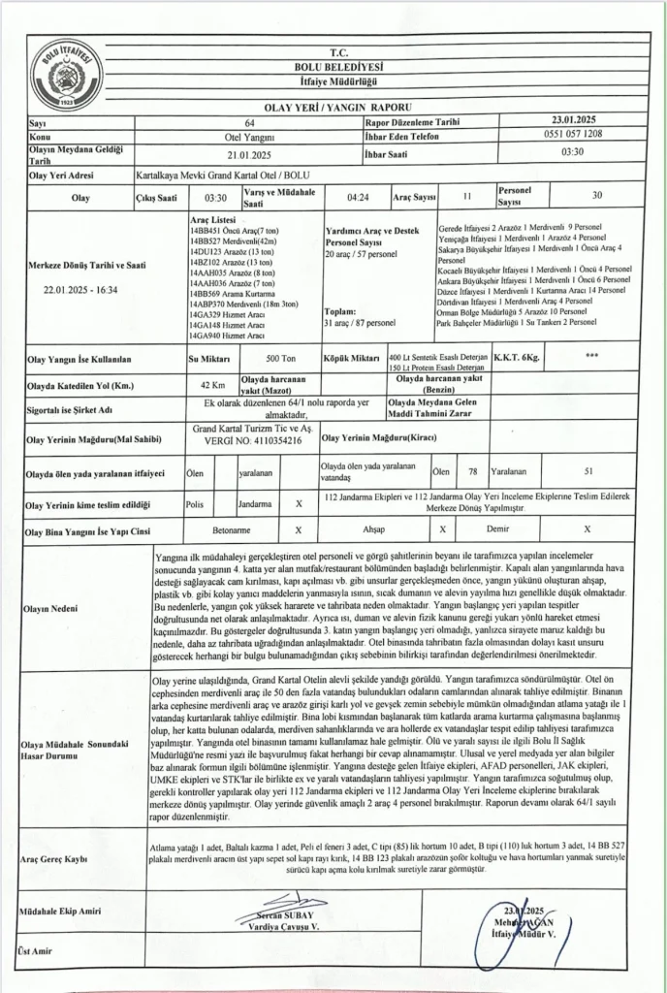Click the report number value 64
click(x=250, y=124)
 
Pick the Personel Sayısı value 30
click(x=596, y=197)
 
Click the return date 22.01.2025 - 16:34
click(x=80, y=289)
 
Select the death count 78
click(x=472, y=471)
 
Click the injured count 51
click(x=589, y=471)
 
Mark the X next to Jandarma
click(x=298, y=504)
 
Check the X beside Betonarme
click(x=298, y=530)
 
